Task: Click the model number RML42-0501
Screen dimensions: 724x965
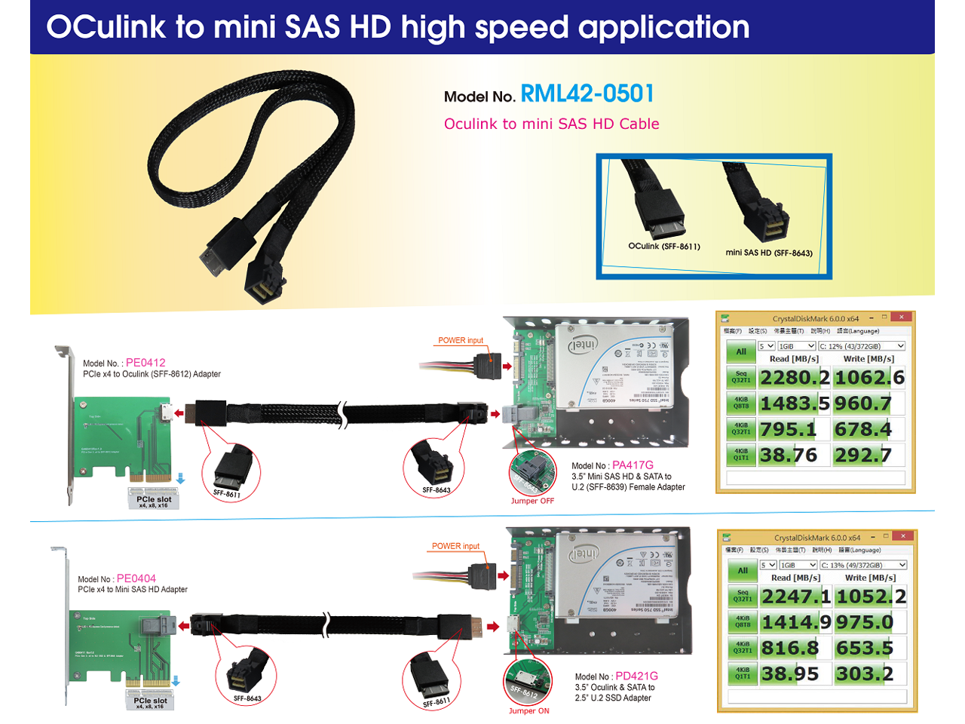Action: [587, 94]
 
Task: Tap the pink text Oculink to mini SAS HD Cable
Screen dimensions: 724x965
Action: [551, 124]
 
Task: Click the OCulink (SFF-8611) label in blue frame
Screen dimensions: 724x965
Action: [664, 247]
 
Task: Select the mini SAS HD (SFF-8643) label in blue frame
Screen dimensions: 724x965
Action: [769, 253]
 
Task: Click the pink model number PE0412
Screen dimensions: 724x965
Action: [146, 363]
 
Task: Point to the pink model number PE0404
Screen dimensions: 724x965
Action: [136, 578]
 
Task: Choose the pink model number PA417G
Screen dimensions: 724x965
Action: [633, 465]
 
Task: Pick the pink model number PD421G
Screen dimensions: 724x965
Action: [636, 676]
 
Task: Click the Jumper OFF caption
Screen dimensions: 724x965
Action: [532, 501]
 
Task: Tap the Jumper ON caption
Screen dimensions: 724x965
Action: [528, 710]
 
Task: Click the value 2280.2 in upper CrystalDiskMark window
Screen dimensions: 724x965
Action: [794, 378]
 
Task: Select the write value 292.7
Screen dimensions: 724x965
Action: [862, 456]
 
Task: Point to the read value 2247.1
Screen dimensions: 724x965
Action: [795, 597]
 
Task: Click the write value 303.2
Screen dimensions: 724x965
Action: [864, 673]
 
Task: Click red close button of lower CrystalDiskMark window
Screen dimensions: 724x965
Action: [902, 535]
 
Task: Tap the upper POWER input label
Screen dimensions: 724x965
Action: [461, 340]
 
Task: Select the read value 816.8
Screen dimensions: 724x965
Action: [789, 648]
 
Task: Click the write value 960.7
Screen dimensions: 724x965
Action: [862, 404]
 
